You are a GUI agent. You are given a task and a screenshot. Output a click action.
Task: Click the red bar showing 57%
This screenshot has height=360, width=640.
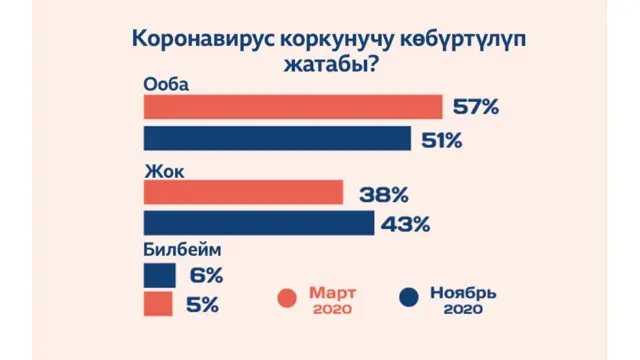click(x=292, y=107)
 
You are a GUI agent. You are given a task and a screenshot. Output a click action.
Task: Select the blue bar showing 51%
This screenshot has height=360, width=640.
click(x=277, y=138)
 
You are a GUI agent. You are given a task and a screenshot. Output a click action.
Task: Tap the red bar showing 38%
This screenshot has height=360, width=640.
click(x=243, y=193)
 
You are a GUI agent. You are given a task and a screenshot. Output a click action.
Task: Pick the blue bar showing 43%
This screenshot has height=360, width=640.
click(x=258, y=223)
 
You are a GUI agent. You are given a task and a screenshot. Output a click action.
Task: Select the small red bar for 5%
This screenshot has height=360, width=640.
click(x=159, y=304)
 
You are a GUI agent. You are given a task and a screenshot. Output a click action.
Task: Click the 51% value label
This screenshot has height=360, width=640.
click(x=441, y=139)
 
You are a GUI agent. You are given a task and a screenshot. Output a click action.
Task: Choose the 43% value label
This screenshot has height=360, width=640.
click(x=405, y=224)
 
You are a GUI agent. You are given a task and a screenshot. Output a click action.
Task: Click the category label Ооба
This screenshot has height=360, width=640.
click(x=166, y=84)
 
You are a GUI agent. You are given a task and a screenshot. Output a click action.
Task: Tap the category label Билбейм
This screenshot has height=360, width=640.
click(x=182, y=252)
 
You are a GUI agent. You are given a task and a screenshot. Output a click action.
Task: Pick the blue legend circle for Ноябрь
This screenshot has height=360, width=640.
click(x=408, y=298)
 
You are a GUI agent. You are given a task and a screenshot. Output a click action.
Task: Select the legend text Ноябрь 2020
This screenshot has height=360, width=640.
click(x=462, y=300)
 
